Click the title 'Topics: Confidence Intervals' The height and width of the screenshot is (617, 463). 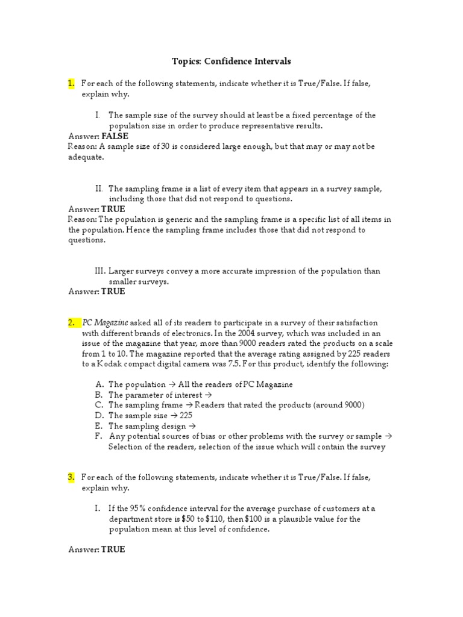[231, 61]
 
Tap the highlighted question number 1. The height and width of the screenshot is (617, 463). [71, 84]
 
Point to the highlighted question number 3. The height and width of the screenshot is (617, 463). [71, 477]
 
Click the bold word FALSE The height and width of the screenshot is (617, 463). [115, 136]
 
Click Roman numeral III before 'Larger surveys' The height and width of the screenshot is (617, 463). [100, 271]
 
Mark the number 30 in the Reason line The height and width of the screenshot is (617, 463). [165, 146]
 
